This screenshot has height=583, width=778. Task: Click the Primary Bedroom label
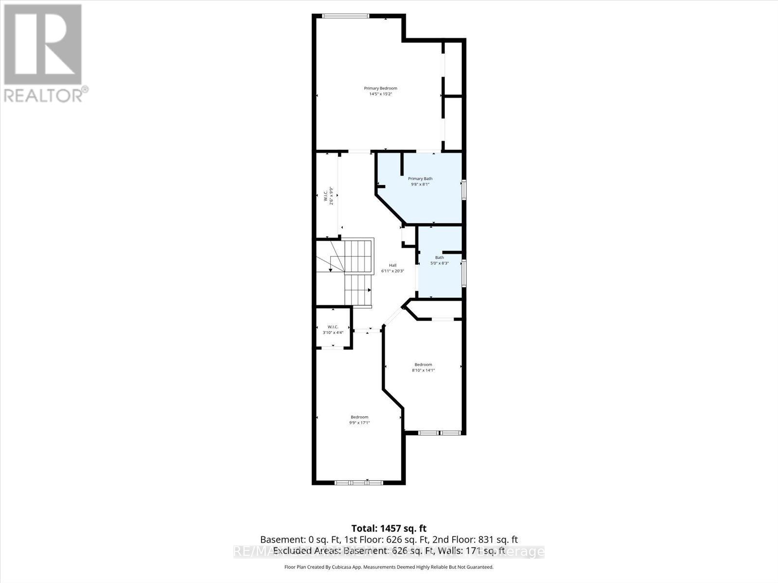[x=381, y=88]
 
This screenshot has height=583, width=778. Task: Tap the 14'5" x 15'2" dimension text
[x=381, y=94]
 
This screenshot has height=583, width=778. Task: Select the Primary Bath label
[x=420, y=179]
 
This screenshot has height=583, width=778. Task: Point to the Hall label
[x=392, y=265]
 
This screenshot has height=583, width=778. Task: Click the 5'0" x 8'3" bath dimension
[x=440, y=263]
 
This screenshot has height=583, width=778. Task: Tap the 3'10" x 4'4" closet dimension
[x=333, y=333]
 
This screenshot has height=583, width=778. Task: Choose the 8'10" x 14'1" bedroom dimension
[x=423, y=370]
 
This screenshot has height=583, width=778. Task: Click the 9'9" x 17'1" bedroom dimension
[x=360, y=423]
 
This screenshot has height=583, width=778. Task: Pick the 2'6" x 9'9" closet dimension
[x=331, y=196]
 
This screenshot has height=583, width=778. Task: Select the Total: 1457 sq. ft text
[x=389, y=528]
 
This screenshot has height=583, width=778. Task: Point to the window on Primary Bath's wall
[x=464, y=189]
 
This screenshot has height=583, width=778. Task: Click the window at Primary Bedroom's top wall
[x=346, y=16]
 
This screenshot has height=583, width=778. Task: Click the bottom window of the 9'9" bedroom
[x=359, y=483]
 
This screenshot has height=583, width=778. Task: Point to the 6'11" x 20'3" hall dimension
[x=392, y=271]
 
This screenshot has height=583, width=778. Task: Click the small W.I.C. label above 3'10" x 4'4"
[x=333, y=327]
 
